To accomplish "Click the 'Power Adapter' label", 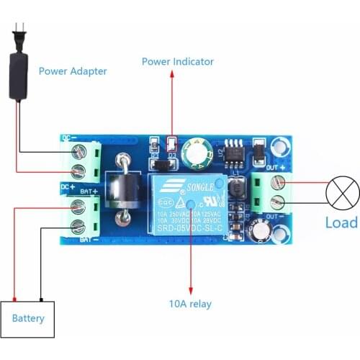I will (73, 71).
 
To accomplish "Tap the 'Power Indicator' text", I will (177, 62).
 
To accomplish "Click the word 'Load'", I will (341, 222).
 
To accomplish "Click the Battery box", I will (28, 318).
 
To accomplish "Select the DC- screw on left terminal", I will (78, 151).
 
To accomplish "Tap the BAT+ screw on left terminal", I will (78, 207).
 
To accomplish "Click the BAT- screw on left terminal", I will (78, 228).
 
